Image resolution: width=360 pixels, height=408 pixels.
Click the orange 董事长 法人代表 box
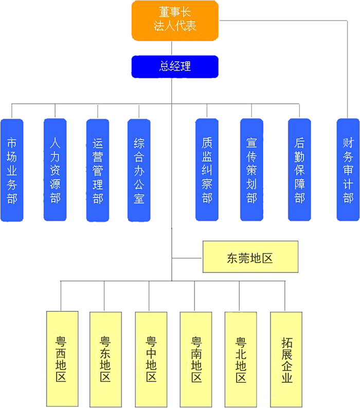click(x=175, y=21)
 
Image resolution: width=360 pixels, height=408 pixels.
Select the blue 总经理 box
click(x=175, y=67)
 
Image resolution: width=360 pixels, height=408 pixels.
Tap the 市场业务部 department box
click(x=12, y=170)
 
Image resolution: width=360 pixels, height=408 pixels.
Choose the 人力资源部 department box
click(x=55, y=170)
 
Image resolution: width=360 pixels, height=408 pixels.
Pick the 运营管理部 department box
click(x=98, y=170)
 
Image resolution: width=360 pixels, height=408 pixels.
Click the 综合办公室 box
click(x=139, y=170)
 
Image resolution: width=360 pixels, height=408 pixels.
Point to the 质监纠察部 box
click(x=207, y=170)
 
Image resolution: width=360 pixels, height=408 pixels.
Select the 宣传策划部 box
click(x=251, y=170)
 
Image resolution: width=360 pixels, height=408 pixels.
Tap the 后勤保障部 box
click(x=299, y=170)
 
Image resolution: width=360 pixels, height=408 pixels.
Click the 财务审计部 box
click(x=348, y=170)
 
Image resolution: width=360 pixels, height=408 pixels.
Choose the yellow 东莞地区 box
click(x=250, y=257)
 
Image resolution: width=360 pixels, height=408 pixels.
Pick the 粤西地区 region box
click(x=62, y=358)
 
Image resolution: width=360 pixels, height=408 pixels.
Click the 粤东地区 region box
click(x=105, y=358)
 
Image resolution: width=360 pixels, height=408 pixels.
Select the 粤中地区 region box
click(x=151, y=358)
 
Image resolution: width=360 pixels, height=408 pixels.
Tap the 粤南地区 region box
click(x=196, y=358)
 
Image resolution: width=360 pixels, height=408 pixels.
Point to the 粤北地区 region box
click(x=241, y=358)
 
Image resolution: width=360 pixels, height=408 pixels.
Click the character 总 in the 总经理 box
click(x=164, y=67)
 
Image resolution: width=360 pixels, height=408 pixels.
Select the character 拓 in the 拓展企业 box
click(x=287, y=342)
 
